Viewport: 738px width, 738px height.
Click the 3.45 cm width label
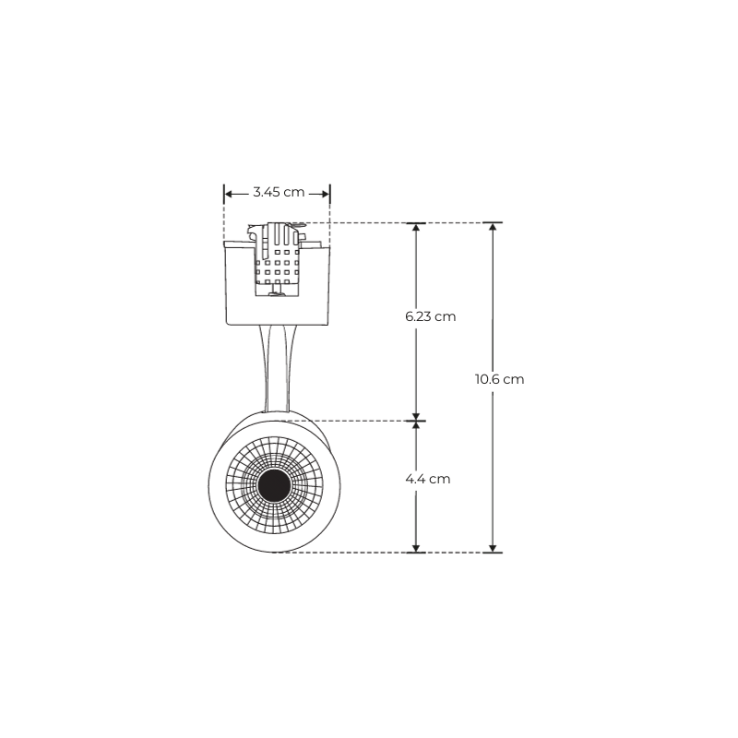pyautogui.click(x=278, y=192)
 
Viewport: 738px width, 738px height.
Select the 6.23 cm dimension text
pyautogui.click(x=431, y=316)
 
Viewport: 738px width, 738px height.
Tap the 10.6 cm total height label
pyautogui.click(x=499, y=379)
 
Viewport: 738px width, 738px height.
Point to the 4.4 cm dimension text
pyautogui.click(x=428, y=480)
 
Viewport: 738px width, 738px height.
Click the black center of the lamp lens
pyautogui.click(x=275, y=484)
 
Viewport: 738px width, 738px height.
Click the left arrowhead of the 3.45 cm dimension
pyautogui.click(x=229, y=193)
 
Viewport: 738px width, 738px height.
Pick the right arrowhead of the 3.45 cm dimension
pyautogui.click(x=325, y=193)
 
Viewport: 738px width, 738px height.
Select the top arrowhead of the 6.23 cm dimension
pyautogui.click(x=417, y=229)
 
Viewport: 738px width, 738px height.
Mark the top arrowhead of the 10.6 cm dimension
pyautogui.click(x=494, y=229)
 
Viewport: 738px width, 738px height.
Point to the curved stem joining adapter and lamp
pyautogui.click(x=276, y=369)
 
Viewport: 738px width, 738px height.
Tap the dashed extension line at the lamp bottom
pyautogui.click(x=351, y=553)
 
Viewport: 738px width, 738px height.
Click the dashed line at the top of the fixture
pyautogui.click(x=360, y=222)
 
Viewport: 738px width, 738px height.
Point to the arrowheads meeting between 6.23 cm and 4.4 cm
pyautogui.click(x=417, y=421)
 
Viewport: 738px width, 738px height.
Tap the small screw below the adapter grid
pyautogui.click(x=276, y=294)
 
